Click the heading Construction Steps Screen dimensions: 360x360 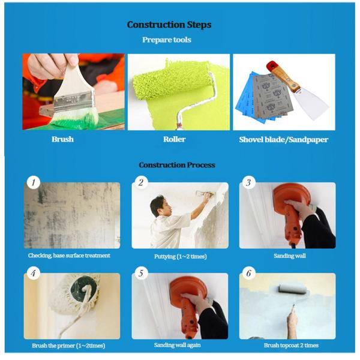coord(169,25)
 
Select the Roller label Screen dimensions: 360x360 coord(175,139)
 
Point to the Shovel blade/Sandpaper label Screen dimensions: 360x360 coord(284,139)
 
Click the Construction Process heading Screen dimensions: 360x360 coord(176,165)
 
